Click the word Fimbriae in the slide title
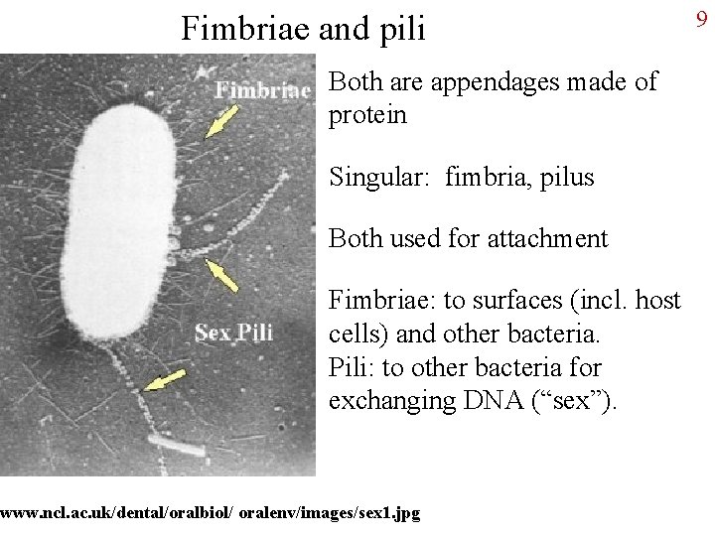tap(244, 29)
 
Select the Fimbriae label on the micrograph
tap(263, 89)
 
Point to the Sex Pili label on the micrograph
tap(233, 333)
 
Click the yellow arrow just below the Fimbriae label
tap(222, 121)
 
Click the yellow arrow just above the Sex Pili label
tap(222, 275)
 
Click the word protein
tap(367, 115)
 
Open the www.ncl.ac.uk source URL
tap(210, 513)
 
